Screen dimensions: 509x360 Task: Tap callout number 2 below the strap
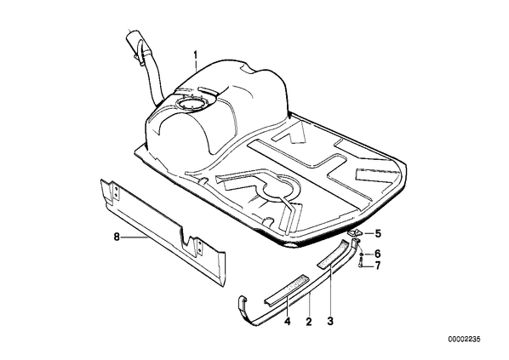pyautogui.click(x=309, y=322)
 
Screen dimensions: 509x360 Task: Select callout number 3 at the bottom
pyautogui.click(x=330, y=322)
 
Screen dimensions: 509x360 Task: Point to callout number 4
pyautogui.click(x=288, y=322)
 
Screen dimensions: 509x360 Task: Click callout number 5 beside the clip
pyautogui.click(x=378, y=233)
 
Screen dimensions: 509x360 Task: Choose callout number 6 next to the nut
pyautogui.click(x=378, y=254)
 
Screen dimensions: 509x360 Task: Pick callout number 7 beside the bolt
pyautogui.click(x=378, y=266)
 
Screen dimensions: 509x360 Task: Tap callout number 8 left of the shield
pyautogui.click(x=117, y=237)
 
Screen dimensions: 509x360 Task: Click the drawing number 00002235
pyautogui.click(x=464, y=340)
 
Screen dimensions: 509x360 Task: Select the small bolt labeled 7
pyautogui.click(x=360, y=264)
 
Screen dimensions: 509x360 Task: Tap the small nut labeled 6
pyautogui.click(x=361, y=254)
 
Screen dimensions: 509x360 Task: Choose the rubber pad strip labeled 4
pyautogui.click(x=286, y=289)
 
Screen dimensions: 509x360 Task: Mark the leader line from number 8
pyautogui.click(x=134, y=237)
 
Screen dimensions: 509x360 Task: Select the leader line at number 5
pyautogui.click(x=368, y=233)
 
